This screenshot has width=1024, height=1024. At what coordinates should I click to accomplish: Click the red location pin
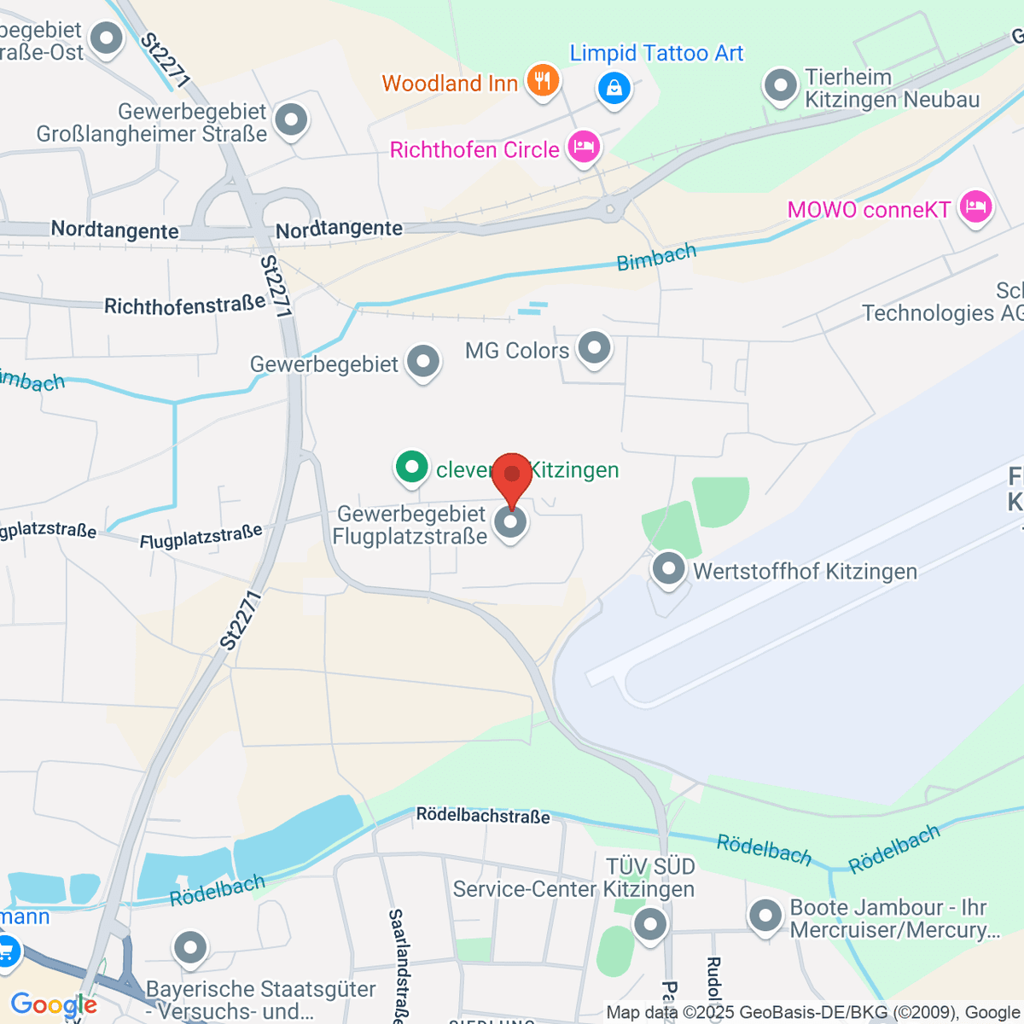[x=512, y=474]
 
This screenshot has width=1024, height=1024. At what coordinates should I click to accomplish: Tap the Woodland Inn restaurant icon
[x=542, y=81]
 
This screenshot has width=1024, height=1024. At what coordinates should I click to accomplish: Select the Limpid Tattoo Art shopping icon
[x=614, y=88]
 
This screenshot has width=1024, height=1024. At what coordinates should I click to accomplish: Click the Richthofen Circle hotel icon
[x=584, y=147]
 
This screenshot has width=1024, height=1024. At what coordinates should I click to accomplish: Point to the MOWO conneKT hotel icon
[x=975, y=207]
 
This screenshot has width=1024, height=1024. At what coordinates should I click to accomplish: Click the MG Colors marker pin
[x=594, y=348]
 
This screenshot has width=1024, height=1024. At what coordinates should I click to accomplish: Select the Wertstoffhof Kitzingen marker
[x=668, y=568]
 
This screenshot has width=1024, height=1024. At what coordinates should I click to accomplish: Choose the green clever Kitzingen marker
[x=411, y=467]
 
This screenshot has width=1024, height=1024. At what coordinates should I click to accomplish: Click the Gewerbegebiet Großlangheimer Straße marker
[x=292, y=120]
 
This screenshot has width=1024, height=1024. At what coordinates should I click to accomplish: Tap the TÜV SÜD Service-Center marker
[x=650, y=924]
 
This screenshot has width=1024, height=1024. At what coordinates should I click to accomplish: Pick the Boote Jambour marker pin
[x=765, y=916]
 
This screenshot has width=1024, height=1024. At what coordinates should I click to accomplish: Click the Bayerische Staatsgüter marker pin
[x=190, y=947]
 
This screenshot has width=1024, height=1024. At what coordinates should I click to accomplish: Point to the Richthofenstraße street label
[x=184, y=305]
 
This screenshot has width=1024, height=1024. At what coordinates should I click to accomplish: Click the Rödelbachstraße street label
[x=483, y=816]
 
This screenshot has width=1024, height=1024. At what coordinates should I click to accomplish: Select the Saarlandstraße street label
[x=396, y=964]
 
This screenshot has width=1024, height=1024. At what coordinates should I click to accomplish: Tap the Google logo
[x=54, y=1005]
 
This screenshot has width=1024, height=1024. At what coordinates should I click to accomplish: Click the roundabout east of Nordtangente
[x=610, y=207]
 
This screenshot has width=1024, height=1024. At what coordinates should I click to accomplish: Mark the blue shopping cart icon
[x=5, y=951]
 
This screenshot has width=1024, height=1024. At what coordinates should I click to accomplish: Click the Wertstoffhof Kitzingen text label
[x=805, y=571]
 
